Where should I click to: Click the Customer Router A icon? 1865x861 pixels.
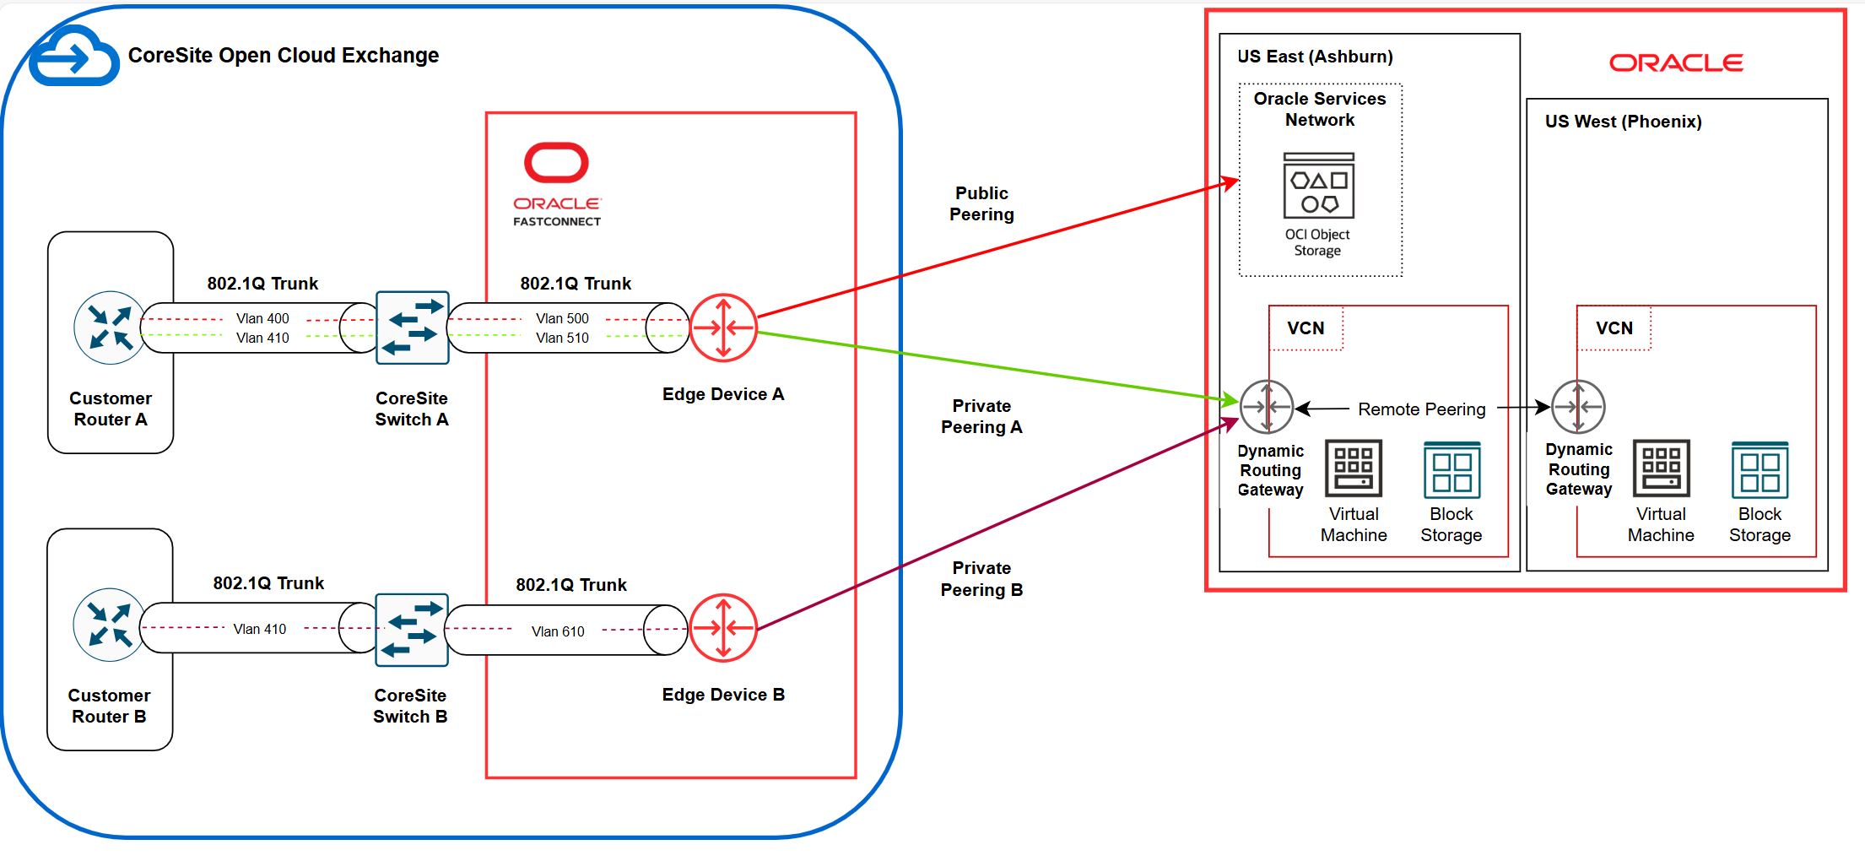pyautogui.click(x=110, y=328)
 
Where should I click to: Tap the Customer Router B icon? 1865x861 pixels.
pyautogui.click(x=109, y=625)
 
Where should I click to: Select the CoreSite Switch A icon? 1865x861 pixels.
pyautogui.click(x=412, y=328)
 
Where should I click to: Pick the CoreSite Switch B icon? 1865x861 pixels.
pyautogui.click(x=411, y=630)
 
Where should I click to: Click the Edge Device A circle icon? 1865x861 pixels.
pyautogui.click(x=723, y=328)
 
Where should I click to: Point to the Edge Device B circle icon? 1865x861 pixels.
pyautogui.click(x=723, y=628)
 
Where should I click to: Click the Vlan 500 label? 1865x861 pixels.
pyautogui.click(x=562, y=318)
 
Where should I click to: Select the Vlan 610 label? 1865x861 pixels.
pyautogui.click(x=558, y=631)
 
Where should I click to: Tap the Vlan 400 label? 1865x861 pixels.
pyautogui.click(x=262, y=318)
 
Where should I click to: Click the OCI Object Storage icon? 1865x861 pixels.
pyautogui.click(x=1318, y=186)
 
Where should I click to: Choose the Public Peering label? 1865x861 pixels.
pyautogui.click(x=981, y=203)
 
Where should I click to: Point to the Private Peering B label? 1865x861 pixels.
pyautogui.click(x=981, y=579)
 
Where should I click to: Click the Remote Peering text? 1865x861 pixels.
pyautogui.click(x=1421, y=409)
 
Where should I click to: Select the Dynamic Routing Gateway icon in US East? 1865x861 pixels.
pyautogui.click(x=1266, y=407)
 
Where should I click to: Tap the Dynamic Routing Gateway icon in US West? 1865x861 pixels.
pyautogui.click(x=1578, y=407)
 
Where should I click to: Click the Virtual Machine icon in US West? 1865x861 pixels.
pyautogui.click(x=1661, y=468)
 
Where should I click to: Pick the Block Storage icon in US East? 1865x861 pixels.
pyautogui.click(x=1451, y=469)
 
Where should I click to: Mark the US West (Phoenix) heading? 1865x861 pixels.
pyautogui.click(x=1623, y=122)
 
